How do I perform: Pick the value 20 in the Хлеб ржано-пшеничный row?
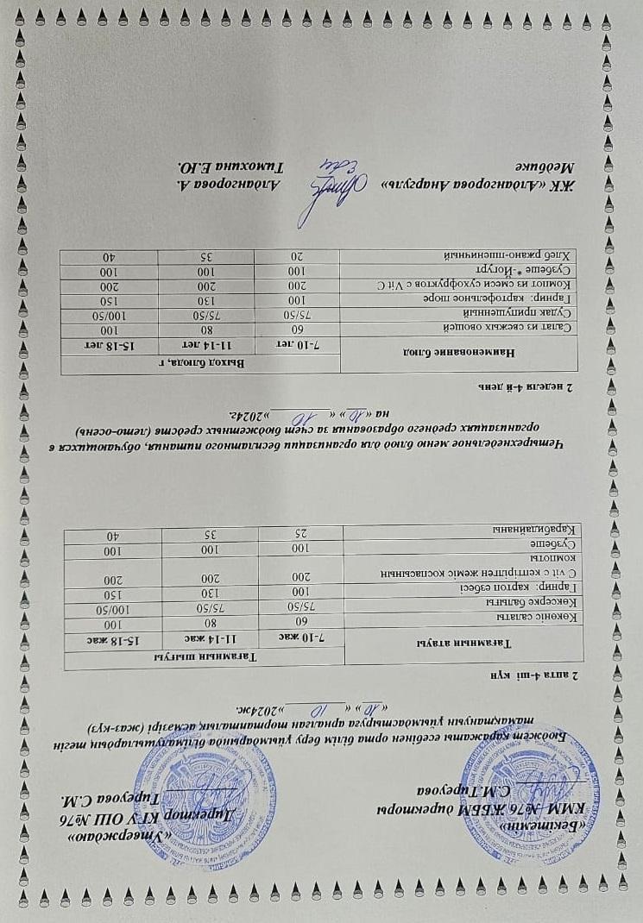point(297,256)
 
